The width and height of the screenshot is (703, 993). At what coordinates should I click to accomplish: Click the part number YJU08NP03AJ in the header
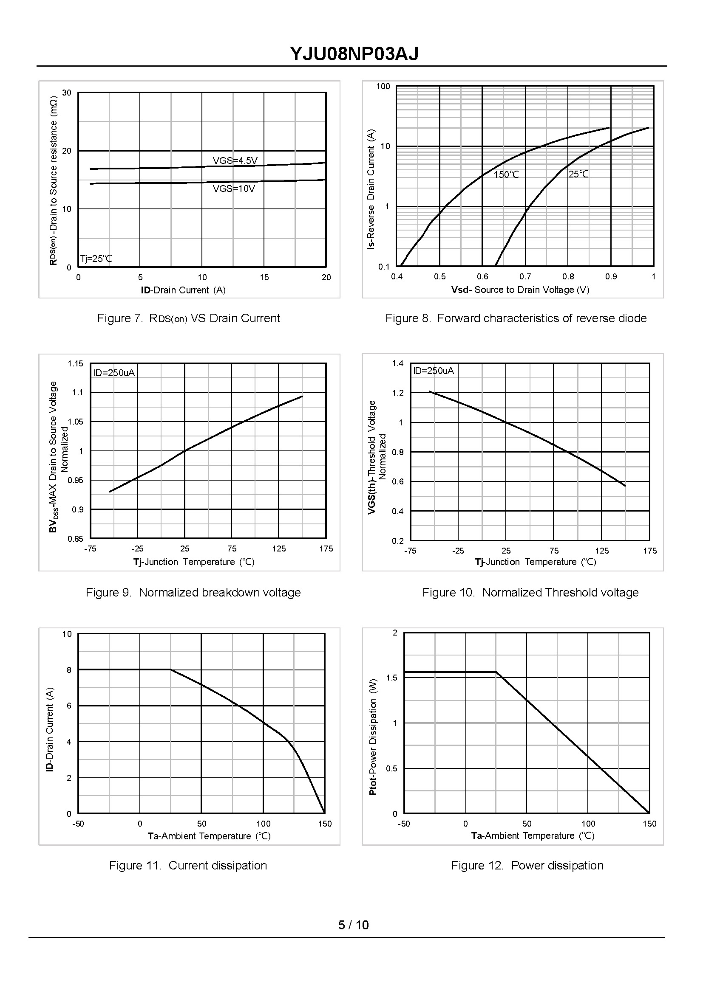[354, 54]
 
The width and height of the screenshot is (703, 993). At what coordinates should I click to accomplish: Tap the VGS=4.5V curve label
[235, 161]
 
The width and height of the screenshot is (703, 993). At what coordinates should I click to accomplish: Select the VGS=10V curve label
[234, 188]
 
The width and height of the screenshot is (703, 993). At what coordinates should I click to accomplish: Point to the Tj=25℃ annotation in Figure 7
[96, 259]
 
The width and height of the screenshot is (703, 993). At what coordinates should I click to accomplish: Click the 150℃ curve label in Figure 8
[506, 175]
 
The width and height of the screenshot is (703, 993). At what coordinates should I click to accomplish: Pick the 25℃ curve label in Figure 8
[578, 174]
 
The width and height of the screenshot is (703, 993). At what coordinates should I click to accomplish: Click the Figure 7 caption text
[188, 318]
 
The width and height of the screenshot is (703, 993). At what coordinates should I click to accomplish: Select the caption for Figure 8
[516, 318]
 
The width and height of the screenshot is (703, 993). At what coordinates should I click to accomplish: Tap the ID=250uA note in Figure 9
[114, 373]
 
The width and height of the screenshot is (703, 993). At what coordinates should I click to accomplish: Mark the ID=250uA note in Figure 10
[433, 371]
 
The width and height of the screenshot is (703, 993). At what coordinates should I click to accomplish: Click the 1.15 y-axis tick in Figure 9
[75, 364]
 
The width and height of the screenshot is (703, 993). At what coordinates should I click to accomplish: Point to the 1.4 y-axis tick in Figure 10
[398, 363]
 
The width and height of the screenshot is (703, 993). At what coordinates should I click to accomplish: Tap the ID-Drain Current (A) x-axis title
[183, 290]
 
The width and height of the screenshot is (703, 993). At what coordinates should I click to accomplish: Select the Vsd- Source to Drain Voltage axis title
[520, 290]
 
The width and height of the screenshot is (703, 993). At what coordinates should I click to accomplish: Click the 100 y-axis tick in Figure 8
[383, 87]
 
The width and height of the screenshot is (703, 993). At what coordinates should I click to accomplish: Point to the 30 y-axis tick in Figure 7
[67, 93]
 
